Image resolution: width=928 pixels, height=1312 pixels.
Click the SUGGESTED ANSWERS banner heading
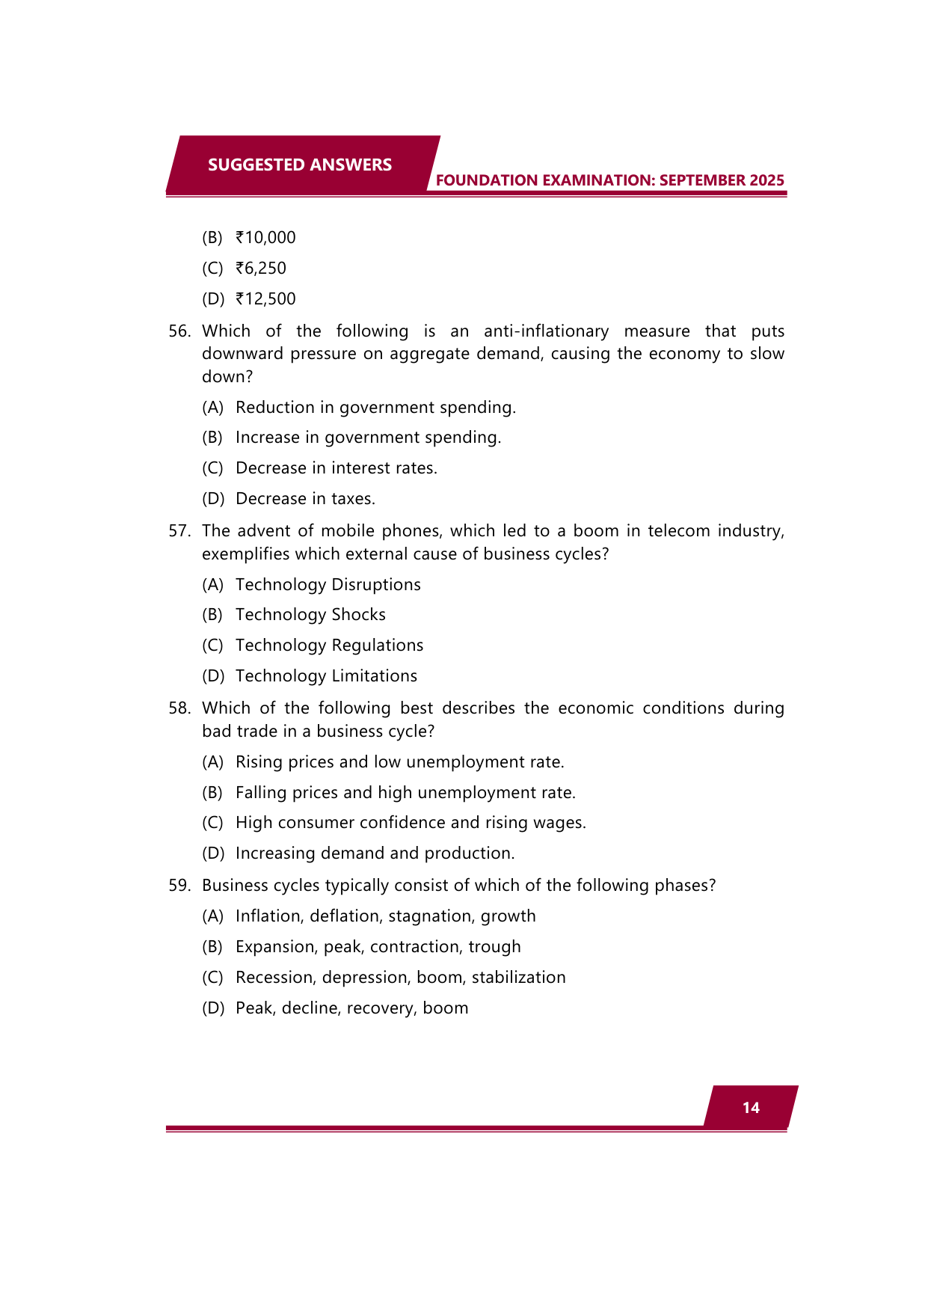click(x=299, y=165)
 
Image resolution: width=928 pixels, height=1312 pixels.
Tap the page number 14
click(x=751, y=1108)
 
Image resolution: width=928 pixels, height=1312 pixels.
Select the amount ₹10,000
click(x=265, y=238)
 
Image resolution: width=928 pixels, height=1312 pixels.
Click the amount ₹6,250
click(x=261, y=269)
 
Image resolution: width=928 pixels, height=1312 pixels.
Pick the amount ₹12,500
click(x=265, y=299)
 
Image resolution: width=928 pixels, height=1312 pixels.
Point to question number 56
click(x=179, y=331)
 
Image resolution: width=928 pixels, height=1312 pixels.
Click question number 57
click(x=179, y=531)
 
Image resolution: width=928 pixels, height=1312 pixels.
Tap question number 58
click(x=179, y=708)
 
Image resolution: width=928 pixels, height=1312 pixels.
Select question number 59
click(x=179, y=886)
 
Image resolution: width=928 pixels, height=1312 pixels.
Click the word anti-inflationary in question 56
click(x=546, y=331)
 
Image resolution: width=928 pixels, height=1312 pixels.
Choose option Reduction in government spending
click(x=375, y=408)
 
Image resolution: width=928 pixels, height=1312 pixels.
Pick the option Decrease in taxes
click(x=305, y=499)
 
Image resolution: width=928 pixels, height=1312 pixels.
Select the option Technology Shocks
click(x=310, y=615)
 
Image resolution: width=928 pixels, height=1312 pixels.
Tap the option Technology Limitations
click(x=326, y=676)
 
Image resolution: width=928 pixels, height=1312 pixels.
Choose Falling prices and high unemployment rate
click(x=405, y=793)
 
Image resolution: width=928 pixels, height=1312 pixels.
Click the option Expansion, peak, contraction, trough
click(x=378, y=947)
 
